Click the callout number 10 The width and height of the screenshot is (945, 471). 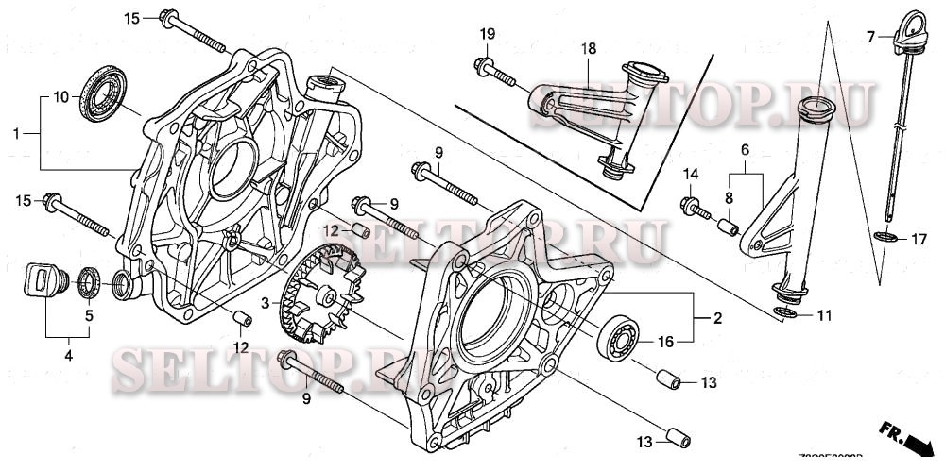click(60, 96)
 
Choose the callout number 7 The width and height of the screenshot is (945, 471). click(871, 38)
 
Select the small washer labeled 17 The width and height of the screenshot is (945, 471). click(886, 237)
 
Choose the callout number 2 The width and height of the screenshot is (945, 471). click(717, 319)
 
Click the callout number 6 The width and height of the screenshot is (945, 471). click(745, 149)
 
